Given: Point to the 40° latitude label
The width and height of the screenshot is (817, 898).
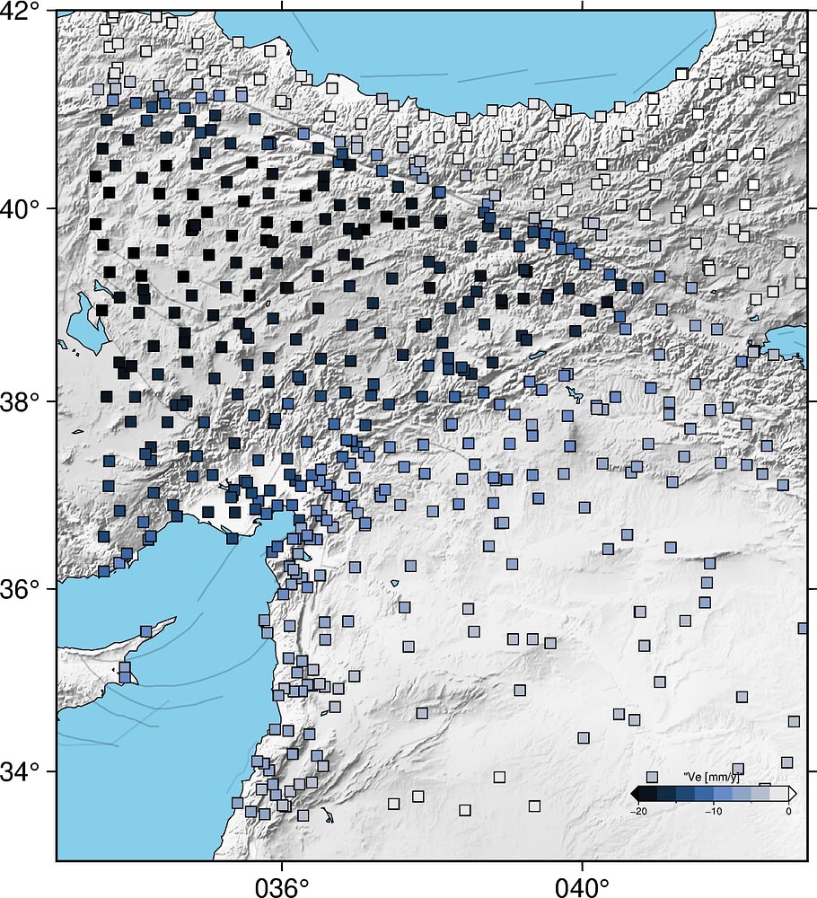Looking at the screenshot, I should tap(22, 208).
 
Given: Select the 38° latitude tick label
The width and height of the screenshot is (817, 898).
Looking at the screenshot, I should tap(22, 401).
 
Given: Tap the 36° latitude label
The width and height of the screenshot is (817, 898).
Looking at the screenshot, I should tap(22, 588).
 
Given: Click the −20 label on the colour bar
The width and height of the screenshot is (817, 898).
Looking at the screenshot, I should tap(639, 811).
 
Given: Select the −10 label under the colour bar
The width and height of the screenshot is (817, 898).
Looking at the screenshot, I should tap(714, 811).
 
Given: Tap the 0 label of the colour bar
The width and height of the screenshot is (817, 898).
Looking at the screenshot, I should tap(788, 811).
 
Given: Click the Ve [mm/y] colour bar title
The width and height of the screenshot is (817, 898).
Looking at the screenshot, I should tap(711, 776).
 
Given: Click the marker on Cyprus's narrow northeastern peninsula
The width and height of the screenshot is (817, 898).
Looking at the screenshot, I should tap(145, 631).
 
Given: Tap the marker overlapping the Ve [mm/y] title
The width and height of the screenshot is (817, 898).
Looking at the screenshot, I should tap(737, 770).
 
